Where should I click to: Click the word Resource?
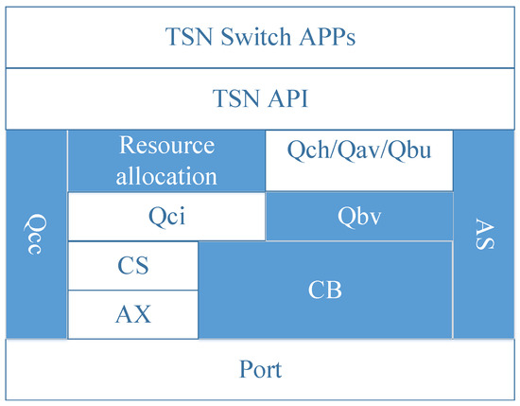pyautogui.click(x=166, y=147)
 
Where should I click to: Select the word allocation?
pyautogui.click(x=166, y=175)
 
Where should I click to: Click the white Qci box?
pyautogui.click(x=166, y=216)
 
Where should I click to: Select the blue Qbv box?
pyautogui.click(x=358, y=216)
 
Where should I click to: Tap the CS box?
pyautogui.click(x=133, y=266)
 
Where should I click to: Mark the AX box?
pyautogui.click(x=133, y=314)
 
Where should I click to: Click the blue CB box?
pyautogui.click(x=325, y=290)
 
